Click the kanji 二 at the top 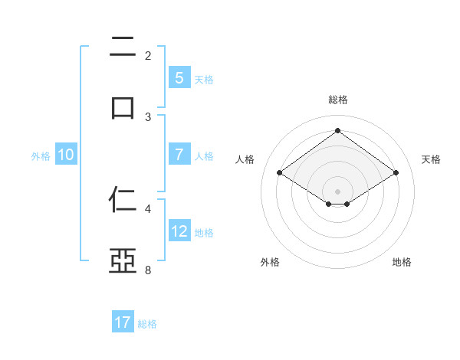[123, 47]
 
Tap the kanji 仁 [123, 201]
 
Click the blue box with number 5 [179, 78]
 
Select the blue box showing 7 [179, 155]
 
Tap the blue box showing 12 [179, 231]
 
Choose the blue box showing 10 [66, 155]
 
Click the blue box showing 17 [123, 322]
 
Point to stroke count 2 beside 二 [147, 55]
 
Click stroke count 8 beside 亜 [147, 270]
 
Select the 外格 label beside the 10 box [41, 155]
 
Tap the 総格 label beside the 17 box [147, 323]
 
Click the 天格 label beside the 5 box [204, 79]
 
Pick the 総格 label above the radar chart [337, 100]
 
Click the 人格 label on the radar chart [245, 159]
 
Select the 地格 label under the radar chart [402, 262]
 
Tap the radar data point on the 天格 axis [396, 173]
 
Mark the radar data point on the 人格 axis [280, 173]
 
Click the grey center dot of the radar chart [337, 191]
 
